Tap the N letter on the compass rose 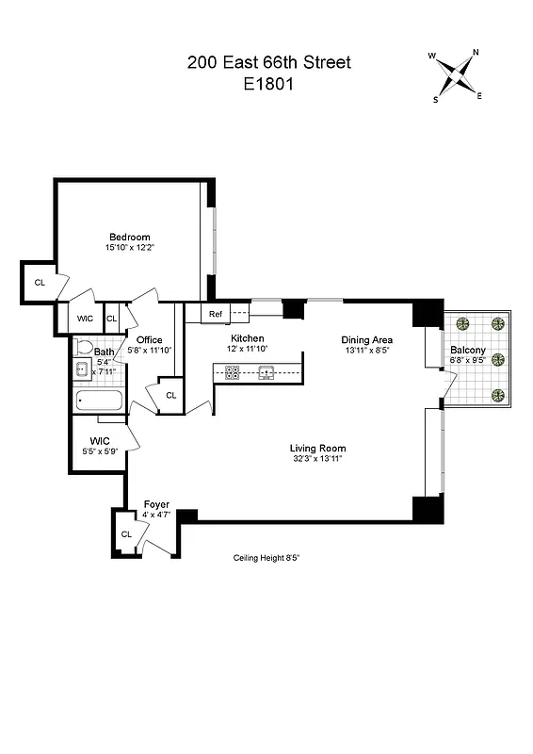(x=476, y=54)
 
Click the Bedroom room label (x=129, y=237)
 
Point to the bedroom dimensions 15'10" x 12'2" (x=129, y=248)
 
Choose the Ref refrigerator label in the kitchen (x=216, y=314)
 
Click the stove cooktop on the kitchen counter (x=232, y=372)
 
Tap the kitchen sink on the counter (x=266, y=372)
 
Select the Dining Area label (x=366, y=339)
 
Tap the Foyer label (x=156, y=504)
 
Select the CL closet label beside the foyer (x=126, y=534)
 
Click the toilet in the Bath (x=83, y=347)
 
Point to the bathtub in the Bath (x=99, y=402)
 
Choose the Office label (x=150, y=340)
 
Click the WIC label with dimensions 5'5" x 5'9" (x=100, y=441)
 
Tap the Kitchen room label (x=248, y=338)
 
